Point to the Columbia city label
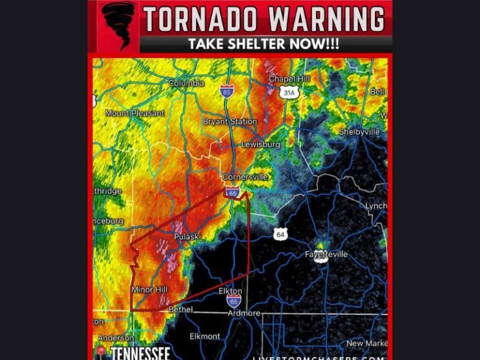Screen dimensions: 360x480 point(186,83)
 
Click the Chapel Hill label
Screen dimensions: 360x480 point(289,79)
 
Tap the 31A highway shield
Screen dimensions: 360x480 point(288,93)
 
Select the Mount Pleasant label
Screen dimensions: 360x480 point(134,113)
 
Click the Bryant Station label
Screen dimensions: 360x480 point(229,121)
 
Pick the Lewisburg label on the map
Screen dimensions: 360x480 point(261,144)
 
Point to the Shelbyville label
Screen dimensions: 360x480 point(359,132)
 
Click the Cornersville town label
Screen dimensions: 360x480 point(245,177)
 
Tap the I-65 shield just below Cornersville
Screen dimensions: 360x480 point(232,193)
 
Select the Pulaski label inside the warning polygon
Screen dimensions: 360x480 point(186,236)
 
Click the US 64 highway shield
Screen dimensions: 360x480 point(279,234)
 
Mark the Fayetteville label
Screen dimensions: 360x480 point(326,254)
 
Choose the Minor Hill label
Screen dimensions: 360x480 point(150,290)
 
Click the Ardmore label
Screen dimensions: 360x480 point(244,313)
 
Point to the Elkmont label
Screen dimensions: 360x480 point(205,336)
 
